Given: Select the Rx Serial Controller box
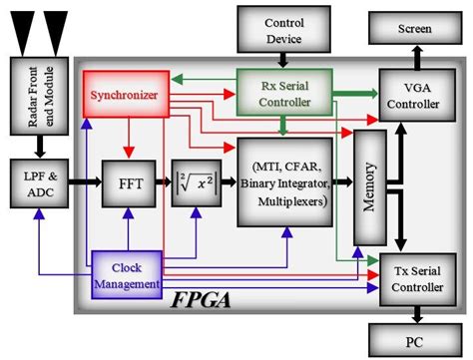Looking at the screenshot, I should pyautogui.click(x=284, y=93).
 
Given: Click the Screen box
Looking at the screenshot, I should pyautogui.click(x=414, y=29).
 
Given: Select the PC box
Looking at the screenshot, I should pyautogui.click(x=414, y=338).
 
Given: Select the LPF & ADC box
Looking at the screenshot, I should pyautogui.click(x=36, y=184).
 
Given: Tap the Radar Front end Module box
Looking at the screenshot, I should pyautogui.click(x=36, y=97).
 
